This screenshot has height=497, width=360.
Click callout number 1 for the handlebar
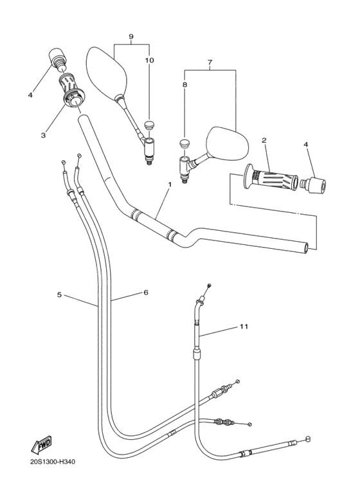pos(170,185)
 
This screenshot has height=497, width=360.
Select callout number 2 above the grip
pos(264,140)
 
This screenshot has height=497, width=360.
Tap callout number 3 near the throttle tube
pos(44,135)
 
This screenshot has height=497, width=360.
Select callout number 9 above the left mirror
pos(131,37)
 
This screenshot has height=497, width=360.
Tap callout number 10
pos(149,60)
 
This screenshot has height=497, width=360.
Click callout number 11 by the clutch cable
pos(244,327)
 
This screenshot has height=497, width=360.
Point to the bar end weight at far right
pos(315,185)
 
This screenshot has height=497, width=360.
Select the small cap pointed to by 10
pos(149,124)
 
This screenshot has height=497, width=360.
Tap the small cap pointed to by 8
pos(184,142)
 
